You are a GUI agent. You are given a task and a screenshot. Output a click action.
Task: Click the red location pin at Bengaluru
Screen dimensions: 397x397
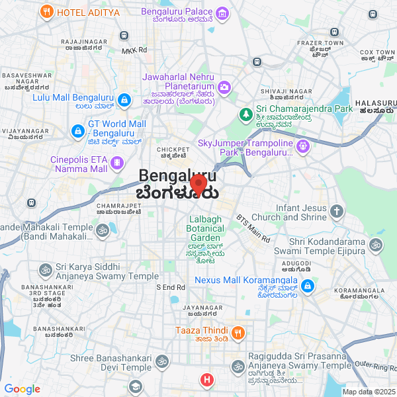coord(198,183)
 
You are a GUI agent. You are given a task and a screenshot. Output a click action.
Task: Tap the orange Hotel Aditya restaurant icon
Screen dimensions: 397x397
coord(46,11)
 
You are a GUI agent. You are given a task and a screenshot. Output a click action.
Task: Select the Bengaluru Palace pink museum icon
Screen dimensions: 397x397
coord(222,13)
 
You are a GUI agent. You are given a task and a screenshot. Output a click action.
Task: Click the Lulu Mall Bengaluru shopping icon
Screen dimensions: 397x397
coord(124,100)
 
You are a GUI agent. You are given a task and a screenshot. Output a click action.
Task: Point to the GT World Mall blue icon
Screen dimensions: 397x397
coord(77,127)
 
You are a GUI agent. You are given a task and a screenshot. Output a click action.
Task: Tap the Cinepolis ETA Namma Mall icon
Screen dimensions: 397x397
coord(117,162)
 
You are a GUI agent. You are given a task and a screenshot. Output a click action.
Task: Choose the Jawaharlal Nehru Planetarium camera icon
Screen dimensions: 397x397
coord(224,87)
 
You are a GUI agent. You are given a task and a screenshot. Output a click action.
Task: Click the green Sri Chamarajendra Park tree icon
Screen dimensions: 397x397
coord(245,114)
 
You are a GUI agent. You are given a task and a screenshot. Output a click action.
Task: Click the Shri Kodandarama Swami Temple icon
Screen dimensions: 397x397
coord(376,245)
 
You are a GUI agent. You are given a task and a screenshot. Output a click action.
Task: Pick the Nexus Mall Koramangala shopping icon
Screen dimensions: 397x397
coord(307,286)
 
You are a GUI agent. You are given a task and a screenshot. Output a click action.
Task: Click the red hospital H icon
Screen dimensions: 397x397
coord(208,380)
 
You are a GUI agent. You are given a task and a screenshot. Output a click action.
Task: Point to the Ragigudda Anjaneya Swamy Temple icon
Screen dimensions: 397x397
coord(238,366)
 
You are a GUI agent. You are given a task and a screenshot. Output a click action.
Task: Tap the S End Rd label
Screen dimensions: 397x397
coord(170,287)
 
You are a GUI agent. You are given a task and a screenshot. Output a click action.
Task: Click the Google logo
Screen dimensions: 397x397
coord(22,389)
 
